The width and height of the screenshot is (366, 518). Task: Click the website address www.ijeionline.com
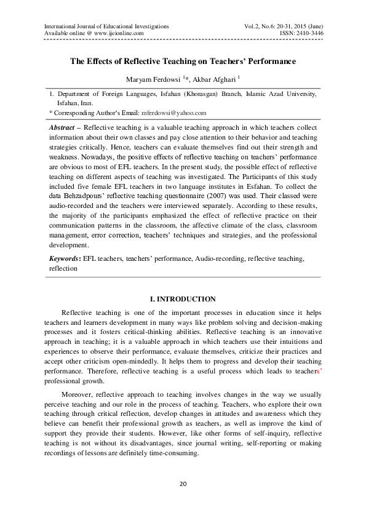(117, 33)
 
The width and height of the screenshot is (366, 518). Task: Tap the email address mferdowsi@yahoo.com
(174, 113)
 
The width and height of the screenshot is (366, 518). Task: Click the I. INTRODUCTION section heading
(182, 299)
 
